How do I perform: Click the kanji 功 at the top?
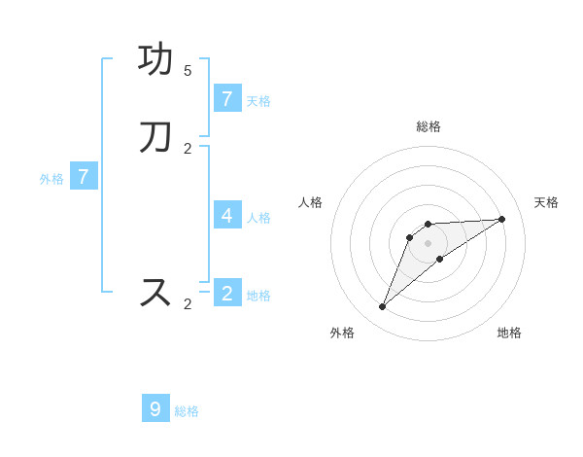[155, 60]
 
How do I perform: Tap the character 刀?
[155, 137]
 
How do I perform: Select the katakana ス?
[155, 292]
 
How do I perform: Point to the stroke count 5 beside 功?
[188, 71]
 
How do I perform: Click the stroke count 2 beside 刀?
[188, 149]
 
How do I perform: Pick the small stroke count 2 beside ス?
[188, 304]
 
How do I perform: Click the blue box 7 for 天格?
[226, 98]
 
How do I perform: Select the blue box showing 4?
[226, 215]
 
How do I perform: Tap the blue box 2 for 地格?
[226, 293]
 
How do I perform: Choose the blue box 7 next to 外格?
[84, 177]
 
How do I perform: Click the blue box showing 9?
[155, 408]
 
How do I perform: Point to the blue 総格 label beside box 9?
[187, 411]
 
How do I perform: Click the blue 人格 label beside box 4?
[258, 217]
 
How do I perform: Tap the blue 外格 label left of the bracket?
[51, 179]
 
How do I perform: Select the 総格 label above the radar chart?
[428, 126]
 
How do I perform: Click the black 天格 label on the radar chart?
[546, 202]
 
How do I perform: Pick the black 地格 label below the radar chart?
[509, 333]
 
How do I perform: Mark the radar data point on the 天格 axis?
[501, 219]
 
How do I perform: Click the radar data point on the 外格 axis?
[382, 307]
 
